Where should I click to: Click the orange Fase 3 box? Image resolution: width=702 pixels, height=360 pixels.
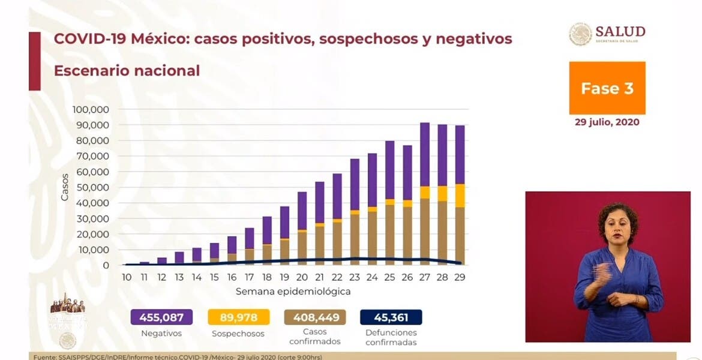(607, 88)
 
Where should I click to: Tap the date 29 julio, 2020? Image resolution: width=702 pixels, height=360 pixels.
(607, 122)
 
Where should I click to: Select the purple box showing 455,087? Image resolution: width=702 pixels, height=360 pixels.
(161, 317)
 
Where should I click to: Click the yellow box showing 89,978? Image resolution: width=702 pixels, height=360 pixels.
(238, 317)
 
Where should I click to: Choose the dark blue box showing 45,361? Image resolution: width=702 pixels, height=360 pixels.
(391, 317)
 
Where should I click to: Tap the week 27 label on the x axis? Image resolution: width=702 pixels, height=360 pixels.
(425, 277)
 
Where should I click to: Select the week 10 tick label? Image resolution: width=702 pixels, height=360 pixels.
(127, 277)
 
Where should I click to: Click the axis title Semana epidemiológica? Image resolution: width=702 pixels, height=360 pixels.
(293, 292)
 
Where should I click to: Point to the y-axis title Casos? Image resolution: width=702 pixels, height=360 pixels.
(64, 187)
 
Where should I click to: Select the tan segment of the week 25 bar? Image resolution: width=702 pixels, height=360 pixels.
(390, 235)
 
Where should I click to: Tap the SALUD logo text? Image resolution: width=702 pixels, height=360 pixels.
(620, 32)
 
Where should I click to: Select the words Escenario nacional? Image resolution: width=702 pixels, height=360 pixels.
(127, 70)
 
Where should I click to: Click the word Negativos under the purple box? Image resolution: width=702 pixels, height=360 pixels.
(161, 333)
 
